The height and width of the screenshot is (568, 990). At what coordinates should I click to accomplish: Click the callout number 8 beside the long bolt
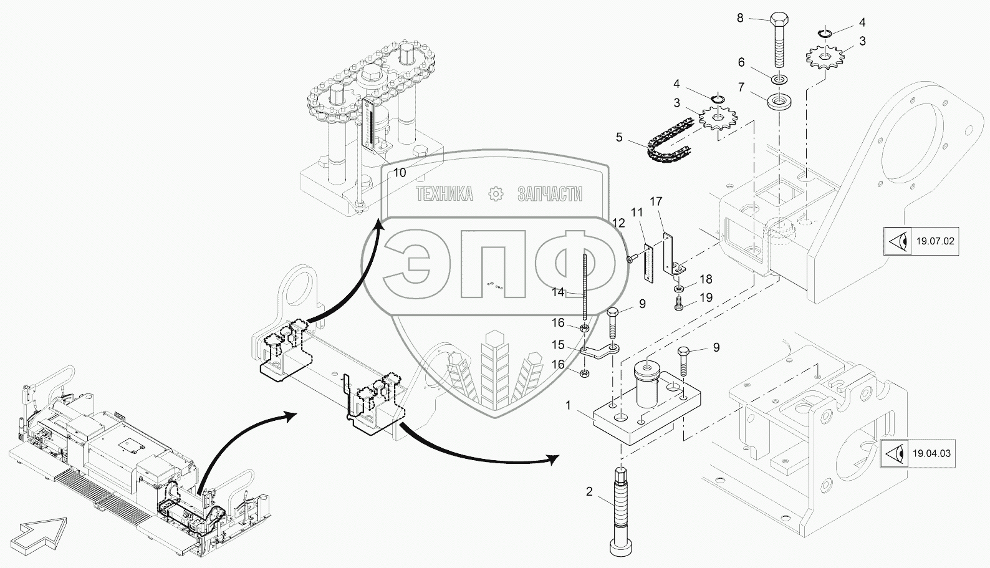[x=740, y=18]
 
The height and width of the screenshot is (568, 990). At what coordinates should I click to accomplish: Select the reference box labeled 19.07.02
[x=921, y=241]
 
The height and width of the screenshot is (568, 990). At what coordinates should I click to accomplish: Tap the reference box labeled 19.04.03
[x=918, y=453]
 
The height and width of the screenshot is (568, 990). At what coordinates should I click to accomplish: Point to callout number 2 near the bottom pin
[x=589, y=492]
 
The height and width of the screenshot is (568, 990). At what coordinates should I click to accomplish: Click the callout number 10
[x=400, y=173]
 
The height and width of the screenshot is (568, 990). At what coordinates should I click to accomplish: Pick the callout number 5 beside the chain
[x=619, y=137]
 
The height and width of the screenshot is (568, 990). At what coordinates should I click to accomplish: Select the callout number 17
[x=656, y=201]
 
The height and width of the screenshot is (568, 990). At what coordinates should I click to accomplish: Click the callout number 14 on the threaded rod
[x=558, y=292]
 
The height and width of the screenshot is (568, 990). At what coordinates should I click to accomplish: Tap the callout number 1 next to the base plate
[x=568, y=405]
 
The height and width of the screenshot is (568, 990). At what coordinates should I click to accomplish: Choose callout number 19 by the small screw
[x=706, y=298]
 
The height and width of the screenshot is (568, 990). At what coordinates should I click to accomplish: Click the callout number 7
[x=741, y=87]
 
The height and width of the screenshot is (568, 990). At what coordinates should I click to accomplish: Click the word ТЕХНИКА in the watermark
[x=445, y=194]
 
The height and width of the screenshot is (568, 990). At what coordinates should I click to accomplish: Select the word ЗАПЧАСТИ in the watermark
[x=549, y=194]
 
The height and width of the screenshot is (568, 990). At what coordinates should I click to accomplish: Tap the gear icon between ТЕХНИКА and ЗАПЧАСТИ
[x=496, y=194]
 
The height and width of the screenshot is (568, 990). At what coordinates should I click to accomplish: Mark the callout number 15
[x=558, y=345]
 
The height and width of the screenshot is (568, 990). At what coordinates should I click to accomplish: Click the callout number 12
[x=618, y=223]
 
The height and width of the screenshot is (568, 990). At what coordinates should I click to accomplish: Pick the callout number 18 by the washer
[x=706, y=279]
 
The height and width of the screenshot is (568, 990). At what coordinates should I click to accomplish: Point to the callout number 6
[x=741, y=62]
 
